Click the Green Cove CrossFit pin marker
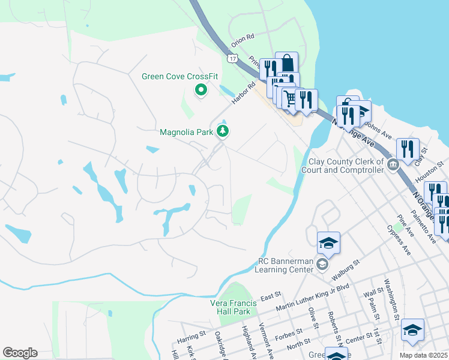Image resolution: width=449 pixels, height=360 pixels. pos(200,91)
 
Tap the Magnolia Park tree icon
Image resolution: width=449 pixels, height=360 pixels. pos(223,131)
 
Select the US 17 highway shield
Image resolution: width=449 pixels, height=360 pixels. pos(232,58)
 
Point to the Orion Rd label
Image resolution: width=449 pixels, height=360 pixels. pos(243,37)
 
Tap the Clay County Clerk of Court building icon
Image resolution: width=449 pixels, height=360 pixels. pos(393,165)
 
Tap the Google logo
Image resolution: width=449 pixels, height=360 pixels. pos(20,353)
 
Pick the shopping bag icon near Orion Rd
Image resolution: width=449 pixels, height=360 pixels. pos(287,62)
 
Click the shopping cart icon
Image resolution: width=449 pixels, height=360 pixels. pos(290,97)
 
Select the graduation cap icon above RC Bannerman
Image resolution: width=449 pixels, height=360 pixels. pos(328,242)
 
